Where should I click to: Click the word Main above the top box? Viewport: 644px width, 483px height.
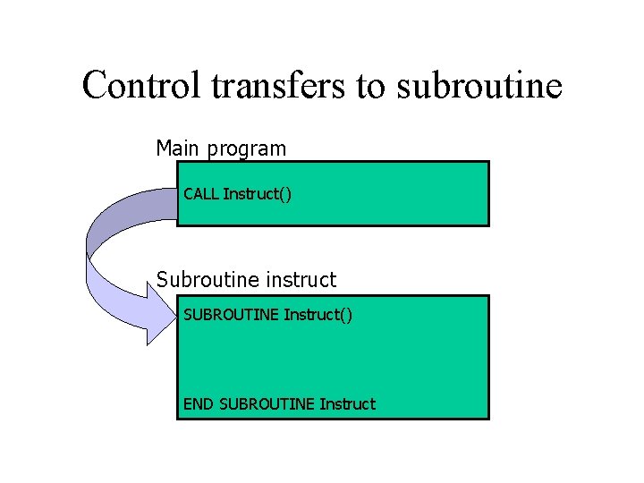coord(179,148)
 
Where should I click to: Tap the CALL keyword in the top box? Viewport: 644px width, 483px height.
coord(201,193)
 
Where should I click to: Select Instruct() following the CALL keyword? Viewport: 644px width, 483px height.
coord(257,193)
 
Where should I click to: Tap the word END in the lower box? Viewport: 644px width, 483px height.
coord(199,403)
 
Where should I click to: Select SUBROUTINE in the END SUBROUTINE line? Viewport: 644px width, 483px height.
coord(266,403)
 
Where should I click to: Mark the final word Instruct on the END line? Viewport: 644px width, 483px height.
coord(347,403)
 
